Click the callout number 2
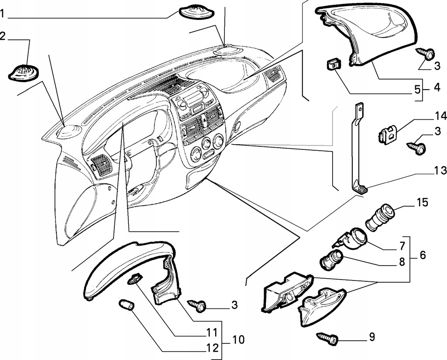(3, 36)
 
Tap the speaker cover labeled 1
(197, 11)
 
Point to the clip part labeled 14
(388, 133)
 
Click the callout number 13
(440, 170)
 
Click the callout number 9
(371, 337)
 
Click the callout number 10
(239, 339)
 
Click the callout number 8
(402, 262)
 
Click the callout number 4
(437, 87)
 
